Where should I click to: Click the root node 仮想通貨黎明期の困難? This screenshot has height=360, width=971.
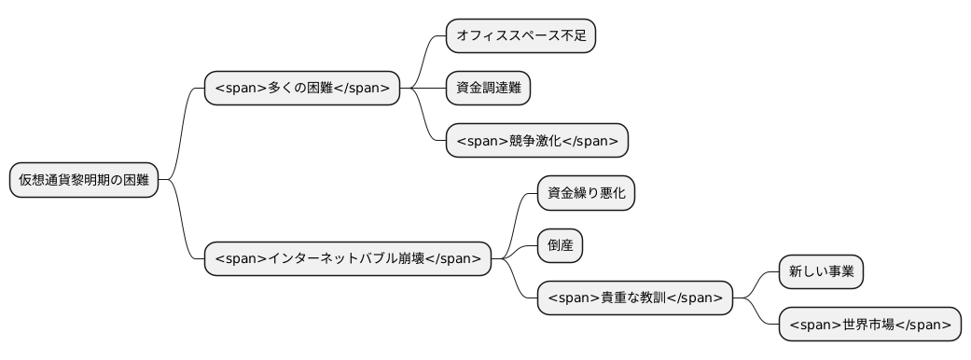pos(84,180)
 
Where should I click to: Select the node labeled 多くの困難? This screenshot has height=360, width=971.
pos(302,89)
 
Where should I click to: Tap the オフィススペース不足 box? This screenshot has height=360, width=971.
pos(520,36)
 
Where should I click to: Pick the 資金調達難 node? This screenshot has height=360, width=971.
pos(488,89)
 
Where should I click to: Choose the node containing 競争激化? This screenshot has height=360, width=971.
pos(537,141)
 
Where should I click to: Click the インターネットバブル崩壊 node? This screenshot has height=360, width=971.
pos(348,258)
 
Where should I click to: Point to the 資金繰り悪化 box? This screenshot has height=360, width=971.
pos(586,193)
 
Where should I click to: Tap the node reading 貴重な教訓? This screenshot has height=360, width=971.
pos(634,298)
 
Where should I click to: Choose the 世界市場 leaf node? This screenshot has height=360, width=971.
pos(869,324)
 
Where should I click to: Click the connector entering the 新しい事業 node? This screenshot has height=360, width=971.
pos(759,283)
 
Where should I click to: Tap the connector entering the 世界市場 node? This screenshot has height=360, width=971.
pos(759,314)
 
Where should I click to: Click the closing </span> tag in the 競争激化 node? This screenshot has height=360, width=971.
pos(590,141)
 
